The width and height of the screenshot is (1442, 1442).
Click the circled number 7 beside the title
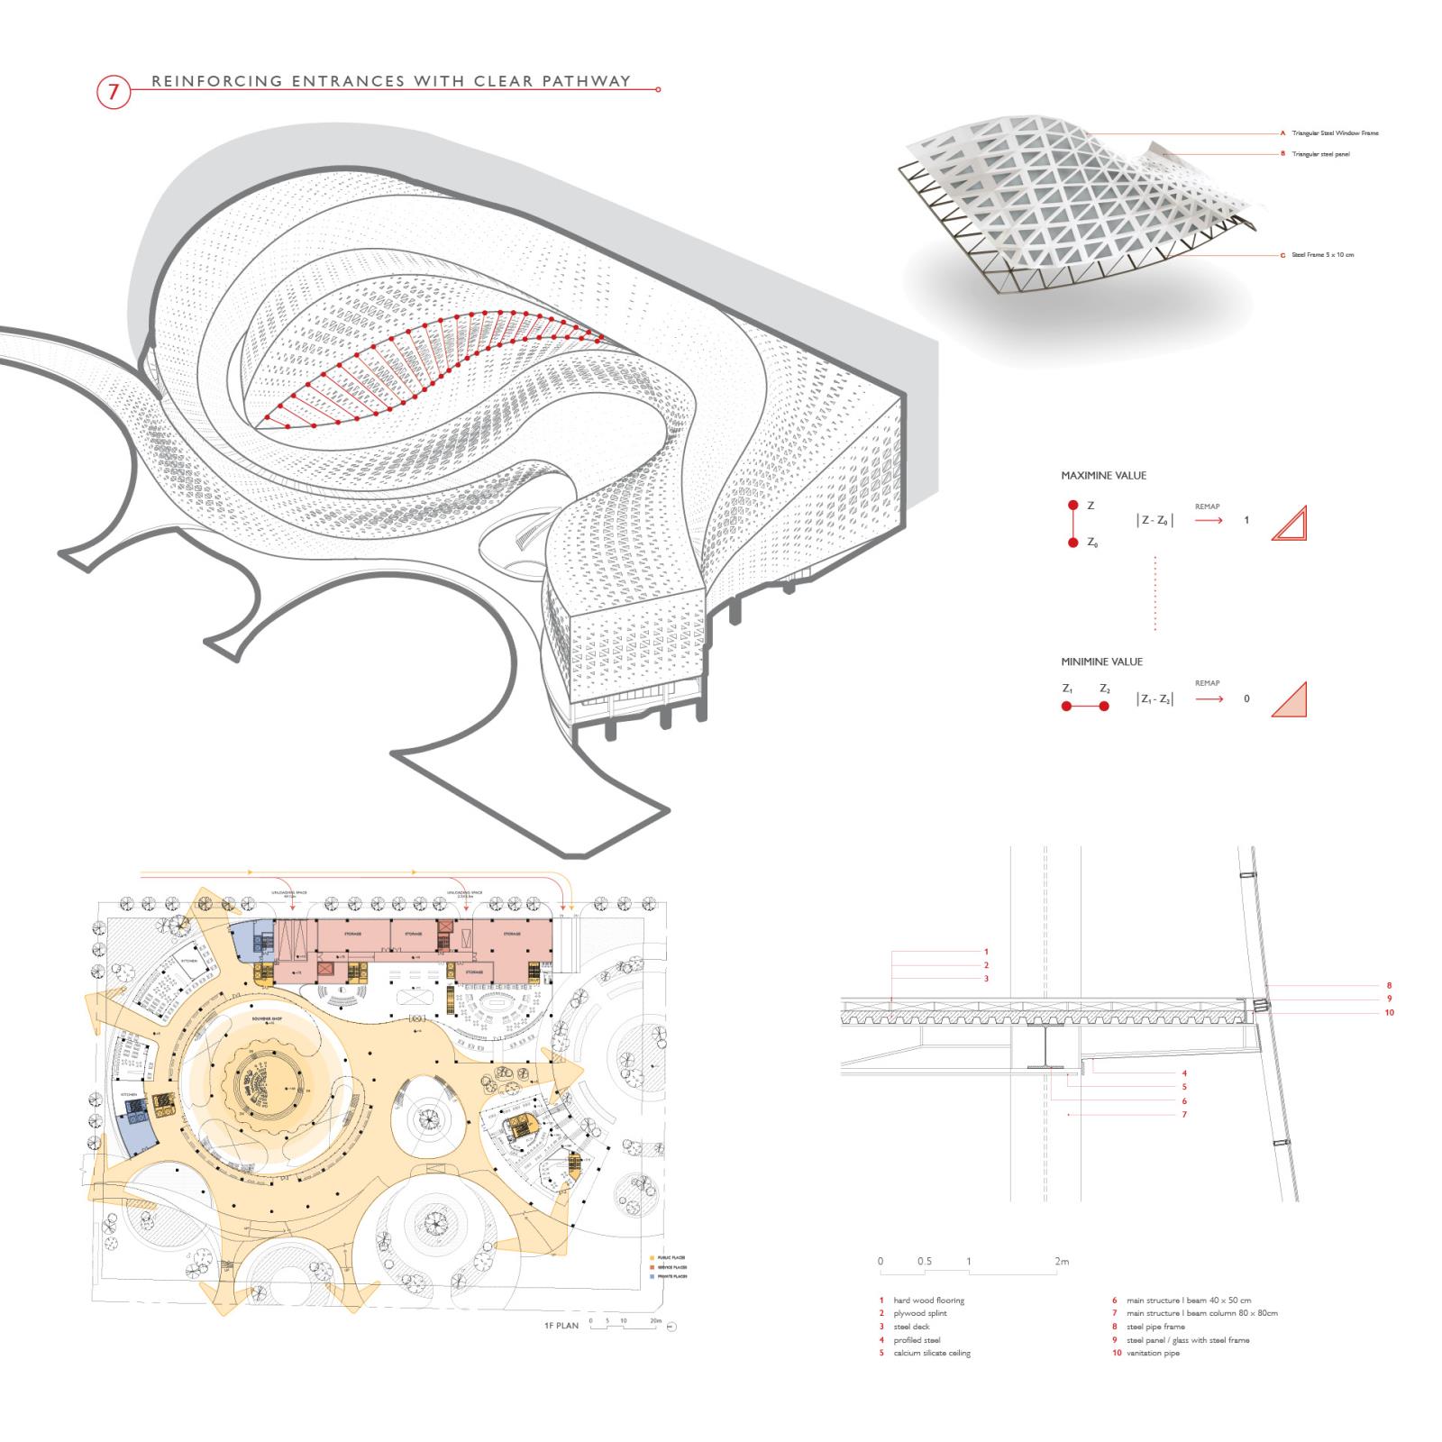(113, 91)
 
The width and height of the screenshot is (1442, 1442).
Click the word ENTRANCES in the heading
(347, 81)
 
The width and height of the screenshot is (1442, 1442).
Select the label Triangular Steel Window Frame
(1335, 133)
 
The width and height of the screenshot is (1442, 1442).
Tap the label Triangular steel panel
(1320, 154)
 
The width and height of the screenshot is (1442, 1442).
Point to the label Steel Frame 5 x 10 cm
(1322, 255)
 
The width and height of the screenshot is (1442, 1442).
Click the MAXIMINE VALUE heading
(1103, 475)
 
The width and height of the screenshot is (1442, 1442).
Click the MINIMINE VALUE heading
(1101, 662)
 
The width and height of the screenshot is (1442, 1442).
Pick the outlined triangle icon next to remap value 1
(1289, 523)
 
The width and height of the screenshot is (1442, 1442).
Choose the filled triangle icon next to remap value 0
(1290, 700)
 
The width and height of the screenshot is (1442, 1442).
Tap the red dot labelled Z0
(1072, 543)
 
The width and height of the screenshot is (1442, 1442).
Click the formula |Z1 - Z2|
(1155, 699)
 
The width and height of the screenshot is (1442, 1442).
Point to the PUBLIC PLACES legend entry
(672, 1257)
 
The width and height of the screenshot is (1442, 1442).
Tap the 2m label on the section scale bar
(1062, 1262)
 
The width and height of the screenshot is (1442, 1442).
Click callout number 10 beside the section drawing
(1389, 1012)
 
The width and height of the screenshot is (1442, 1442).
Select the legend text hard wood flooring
(928, 1301)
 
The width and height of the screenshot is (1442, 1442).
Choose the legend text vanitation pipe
(1153, 1353)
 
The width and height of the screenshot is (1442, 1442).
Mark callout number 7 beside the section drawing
(1184, 1115)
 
